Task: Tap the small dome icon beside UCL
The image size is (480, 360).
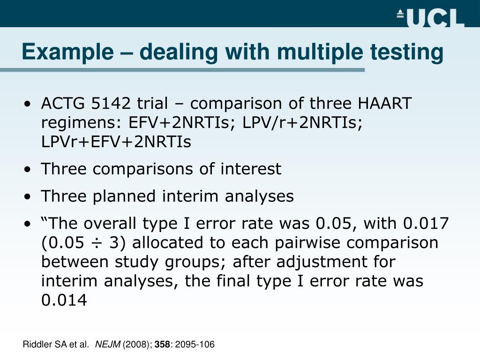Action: coord(400,14)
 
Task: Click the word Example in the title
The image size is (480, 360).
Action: coord(68,52)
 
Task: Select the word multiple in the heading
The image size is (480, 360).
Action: coord(320,52)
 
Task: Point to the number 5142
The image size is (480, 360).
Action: coord(111,103)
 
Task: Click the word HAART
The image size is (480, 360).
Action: coord(384,103)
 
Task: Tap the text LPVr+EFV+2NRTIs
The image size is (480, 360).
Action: coord(116,142)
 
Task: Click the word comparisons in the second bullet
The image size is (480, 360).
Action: coord(143,169)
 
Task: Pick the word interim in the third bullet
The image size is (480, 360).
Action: coord(190,196)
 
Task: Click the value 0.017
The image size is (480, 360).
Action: coord(426,223)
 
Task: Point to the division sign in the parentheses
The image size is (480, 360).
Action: coord(97,243)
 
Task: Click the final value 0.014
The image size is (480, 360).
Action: coord(64,300)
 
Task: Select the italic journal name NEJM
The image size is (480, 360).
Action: coord(108,345)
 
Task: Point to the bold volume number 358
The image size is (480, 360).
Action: coord(162,345)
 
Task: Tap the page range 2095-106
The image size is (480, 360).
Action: coord(195,345)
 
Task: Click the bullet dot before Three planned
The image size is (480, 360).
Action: coord(28,197)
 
